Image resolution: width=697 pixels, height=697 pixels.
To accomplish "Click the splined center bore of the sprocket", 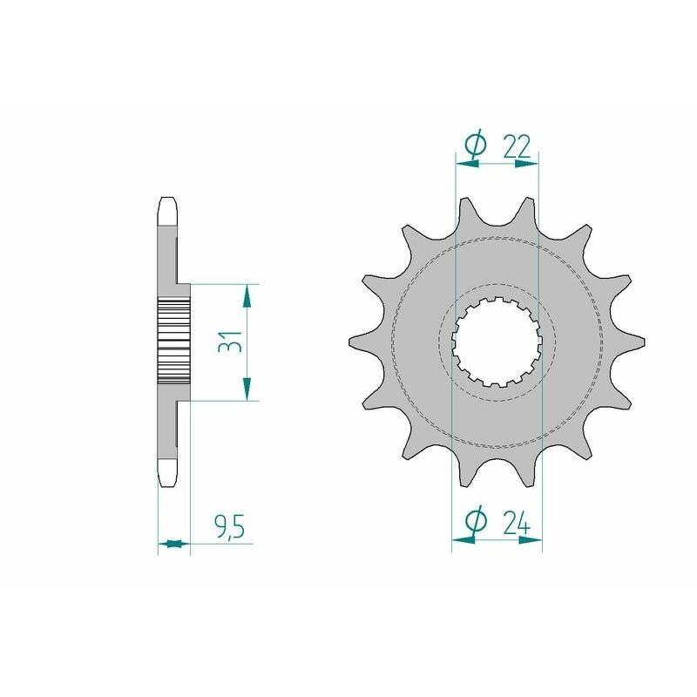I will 497,341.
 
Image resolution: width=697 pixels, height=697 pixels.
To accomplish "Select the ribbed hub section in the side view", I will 173,341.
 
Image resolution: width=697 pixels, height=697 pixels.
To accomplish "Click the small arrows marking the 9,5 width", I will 174,545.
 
